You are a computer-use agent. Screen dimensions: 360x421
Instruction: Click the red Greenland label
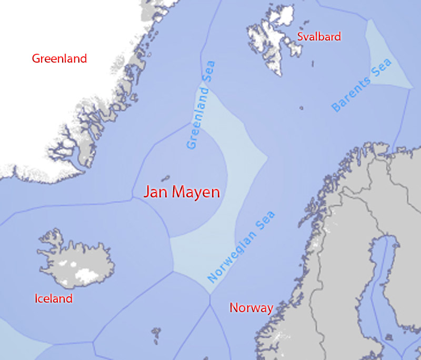pyautogui.click(x=59, y=58)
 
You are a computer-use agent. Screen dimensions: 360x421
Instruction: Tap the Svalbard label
pyautogui.click(x=319, y=37)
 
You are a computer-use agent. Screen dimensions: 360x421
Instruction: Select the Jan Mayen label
pyautogui.click(x=182, y=192)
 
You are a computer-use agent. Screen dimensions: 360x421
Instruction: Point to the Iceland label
pyautogui.click(x=53, y=299)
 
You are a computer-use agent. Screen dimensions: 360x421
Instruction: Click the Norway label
pyautogui.click(x=251, y=308)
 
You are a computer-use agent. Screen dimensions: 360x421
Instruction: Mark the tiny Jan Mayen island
pyautogui.click(x=166, y=178)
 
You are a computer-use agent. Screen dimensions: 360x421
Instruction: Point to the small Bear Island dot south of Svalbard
pyautogui.click(x=302, y=108)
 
